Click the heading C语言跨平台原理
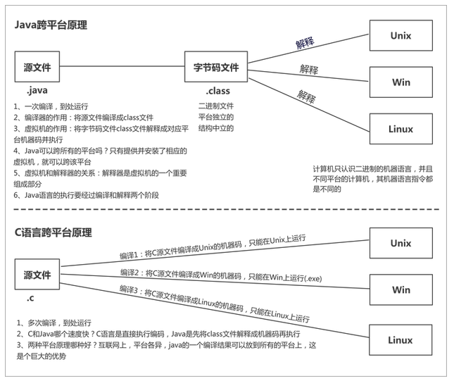pos(53,232)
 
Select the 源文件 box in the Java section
pos(37,68)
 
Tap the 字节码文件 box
pos(216,68)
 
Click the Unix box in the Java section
pos(401,35)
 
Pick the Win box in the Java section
pos(401,82)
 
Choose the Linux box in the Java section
pos(401,129)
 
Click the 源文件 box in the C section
pos(37,274)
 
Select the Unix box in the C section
pos(401,243)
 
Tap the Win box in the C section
pos(401,289)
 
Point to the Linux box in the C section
pos(401,340)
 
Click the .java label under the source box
pos(37,91)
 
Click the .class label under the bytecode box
pos(217,91)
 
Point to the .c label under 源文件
pos(31,299)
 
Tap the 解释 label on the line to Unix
pos(305,44)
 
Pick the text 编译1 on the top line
pos(130,258)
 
